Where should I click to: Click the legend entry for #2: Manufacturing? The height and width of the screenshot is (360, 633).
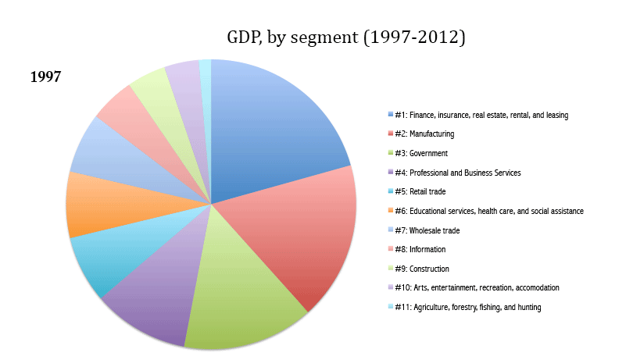[x=425, y=134]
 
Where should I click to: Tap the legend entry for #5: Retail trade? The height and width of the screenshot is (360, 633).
[x=422, y=191]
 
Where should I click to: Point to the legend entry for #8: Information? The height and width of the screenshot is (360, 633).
[x=420, y=249]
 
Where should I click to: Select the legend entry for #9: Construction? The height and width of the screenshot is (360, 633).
[x=421, y=269]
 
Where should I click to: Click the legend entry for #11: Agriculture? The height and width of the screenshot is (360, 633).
[x=467, y=307]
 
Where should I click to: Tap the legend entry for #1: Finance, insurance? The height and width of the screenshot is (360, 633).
[x=481, y=115]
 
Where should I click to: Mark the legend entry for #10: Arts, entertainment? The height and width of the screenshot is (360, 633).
[x=476, y=287]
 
